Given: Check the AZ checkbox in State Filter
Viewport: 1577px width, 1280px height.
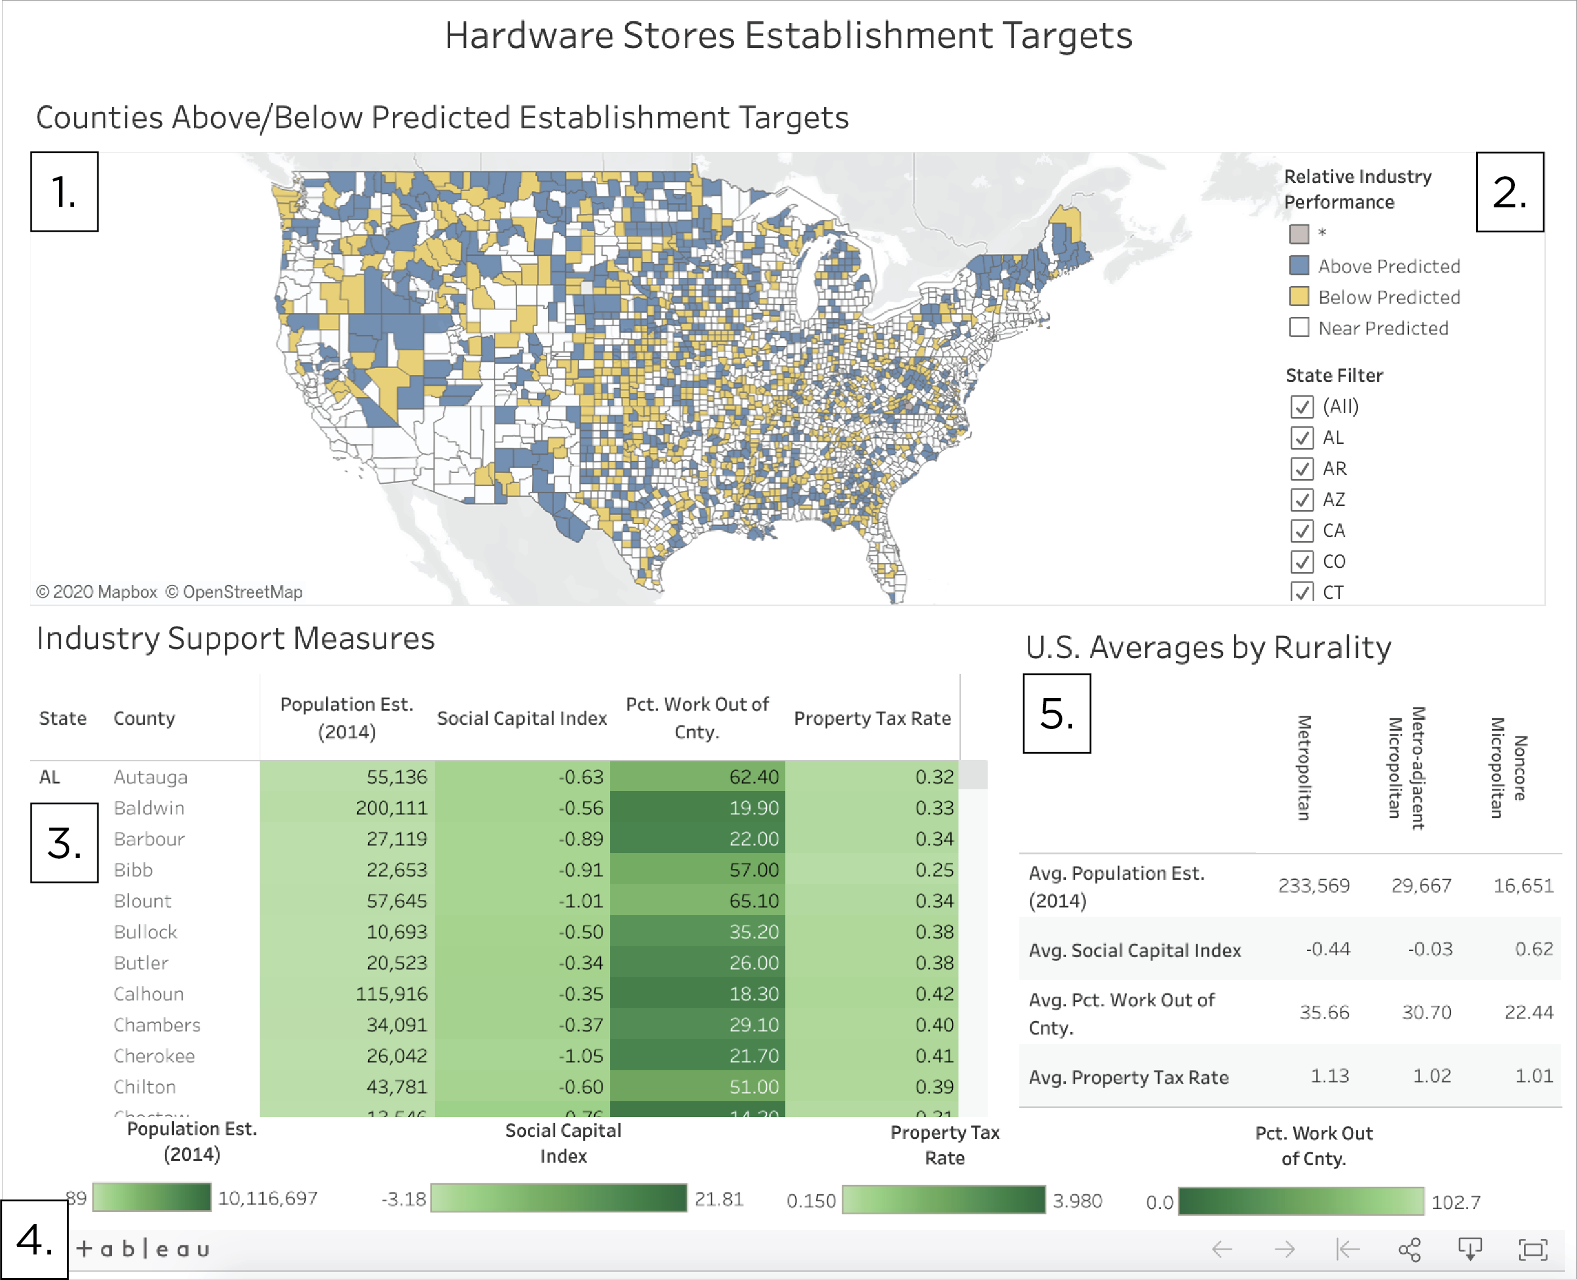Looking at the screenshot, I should [1301, 500].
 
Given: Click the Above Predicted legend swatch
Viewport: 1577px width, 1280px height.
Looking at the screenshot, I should [1299, 266].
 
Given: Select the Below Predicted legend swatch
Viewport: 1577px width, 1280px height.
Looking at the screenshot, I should [1299, 296].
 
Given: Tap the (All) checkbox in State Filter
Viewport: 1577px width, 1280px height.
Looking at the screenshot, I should [1301, 407].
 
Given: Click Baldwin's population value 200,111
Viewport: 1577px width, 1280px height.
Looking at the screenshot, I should [392, 808].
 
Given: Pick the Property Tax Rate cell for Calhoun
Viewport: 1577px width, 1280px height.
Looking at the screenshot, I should [934, 994].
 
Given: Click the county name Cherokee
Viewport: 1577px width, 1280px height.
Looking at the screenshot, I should [154, 1056].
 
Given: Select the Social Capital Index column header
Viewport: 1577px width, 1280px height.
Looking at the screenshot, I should [521, 718].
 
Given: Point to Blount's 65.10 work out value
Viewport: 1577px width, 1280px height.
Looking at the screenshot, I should [754, 901].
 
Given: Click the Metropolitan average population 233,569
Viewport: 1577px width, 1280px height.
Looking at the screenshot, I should [1314, 885].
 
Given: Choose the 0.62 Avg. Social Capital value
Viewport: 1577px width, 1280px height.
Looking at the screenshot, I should [1533, 949].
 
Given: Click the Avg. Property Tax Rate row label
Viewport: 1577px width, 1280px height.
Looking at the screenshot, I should [1128, 1078].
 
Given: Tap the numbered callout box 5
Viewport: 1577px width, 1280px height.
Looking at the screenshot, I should [1056, 713].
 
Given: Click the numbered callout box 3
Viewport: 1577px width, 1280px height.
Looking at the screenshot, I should [64, 843].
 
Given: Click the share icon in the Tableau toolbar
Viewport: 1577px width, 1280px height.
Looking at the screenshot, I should [1409, 1250].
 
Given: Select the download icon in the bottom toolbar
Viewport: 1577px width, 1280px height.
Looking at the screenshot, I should [1470, 1250].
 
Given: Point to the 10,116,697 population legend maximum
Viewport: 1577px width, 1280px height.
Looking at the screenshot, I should [268, 1198].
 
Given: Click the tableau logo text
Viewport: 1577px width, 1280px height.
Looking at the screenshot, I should [144, 1249].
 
